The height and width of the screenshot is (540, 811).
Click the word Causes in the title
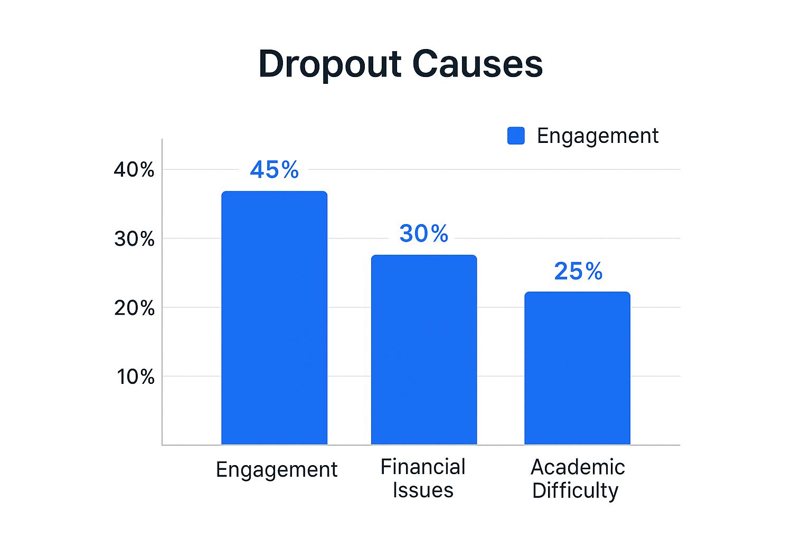click(x=477, y=64)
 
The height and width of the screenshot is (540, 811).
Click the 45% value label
click(x=274, y=170)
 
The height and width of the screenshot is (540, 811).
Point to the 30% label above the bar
click(x=423, y=234)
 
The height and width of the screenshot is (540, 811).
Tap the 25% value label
click(x=578, y=272)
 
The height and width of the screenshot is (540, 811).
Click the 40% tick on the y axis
click(x=134, y=170)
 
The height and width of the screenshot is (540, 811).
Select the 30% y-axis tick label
click(x=134, y=239)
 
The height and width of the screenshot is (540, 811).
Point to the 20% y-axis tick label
click(x=134, y=308)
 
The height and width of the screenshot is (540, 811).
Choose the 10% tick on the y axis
click(x=135, y=377)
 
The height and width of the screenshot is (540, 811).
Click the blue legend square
click(x=515, y=136)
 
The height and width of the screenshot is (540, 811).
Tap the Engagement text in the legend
click(x=597, y=136)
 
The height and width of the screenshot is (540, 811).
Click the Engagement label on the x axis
click(x=276, y=469)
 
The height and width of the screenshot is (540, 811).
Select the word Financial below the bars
click(x=423, y=467)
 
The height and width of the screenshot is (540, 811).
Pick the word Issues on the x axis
click(x=423, y=490)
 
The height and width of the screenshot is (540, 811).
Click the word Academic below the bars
click(x=578, y=467)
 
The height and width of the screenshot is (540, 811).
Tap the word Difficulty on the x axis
click(x=575, y=490)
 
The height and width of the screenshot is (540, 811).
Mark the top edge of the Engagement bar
click(x=274, y=192)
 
